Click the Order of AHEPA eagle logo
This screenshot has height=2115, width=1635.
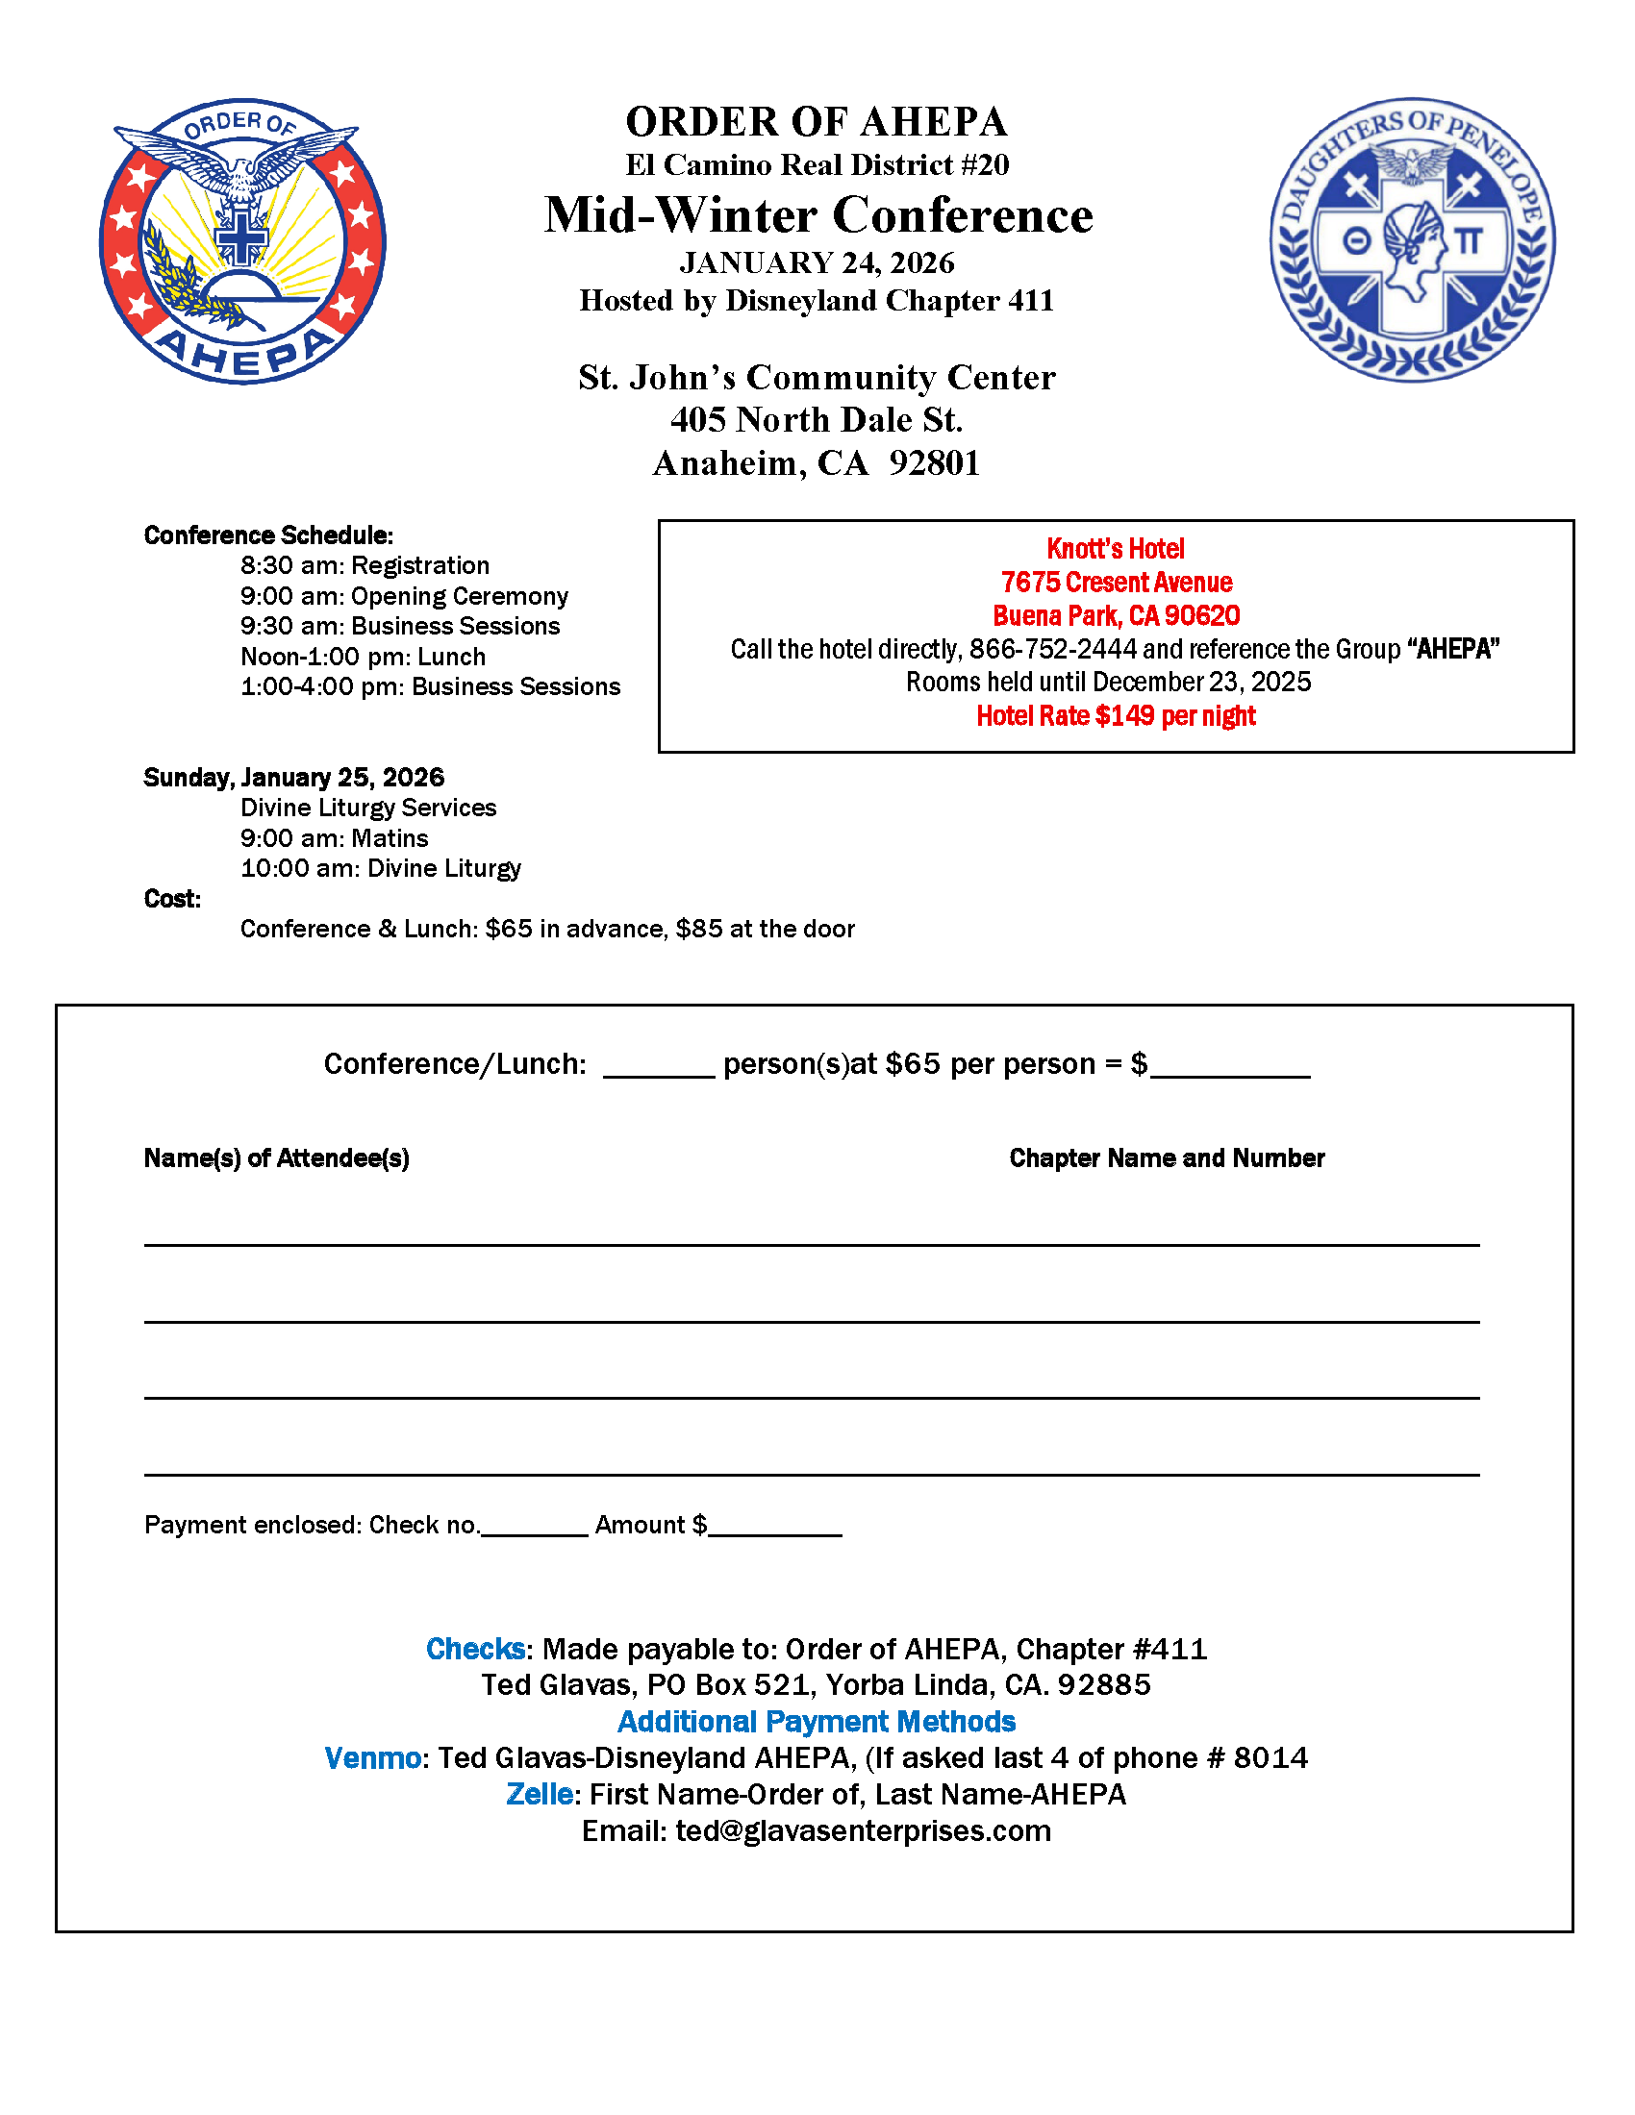[242, 242]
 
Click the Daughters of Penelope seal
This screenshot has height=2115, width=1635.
[1412, 240]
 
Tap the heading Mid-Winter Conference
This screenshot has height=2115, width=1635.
[818, 215]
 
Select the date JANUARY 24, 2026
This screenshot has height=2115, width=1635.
[817, 263]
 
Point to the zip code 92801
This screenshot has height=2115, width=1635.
[935, 464]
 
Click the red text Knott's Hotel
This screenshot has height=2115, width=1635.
[1115, 549]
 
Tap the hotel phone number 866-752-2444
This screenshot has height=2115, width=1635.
[1053, 649]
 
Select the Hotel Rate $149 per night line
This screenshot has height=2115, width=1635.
[1115, 716]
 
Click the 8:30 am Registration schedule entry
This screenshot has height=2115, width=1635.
[365, 565]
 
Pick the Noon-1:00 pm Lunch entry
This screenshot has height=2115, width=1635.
[364, 657]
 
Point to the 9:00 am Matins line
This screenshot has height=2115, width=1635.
[334, 838]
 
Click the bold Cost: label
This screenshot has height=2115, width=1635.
[172, 900]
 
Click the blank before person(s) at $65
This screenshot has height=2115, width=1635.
[659, 1065]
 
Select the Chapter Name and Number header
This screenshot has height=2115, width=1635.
[1167, 1158]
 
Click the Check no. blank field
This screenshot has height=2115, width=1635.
[535, 1526]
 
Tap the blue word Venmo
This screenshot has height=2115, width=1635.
[373, 1758]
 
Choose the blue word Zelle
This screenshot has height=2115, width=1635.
[540, 1796]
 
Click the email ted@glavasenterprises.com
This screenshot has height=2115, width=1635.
[863, 1832]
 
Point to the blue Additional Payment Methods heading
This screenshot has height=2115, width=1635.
[817, 1722]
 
